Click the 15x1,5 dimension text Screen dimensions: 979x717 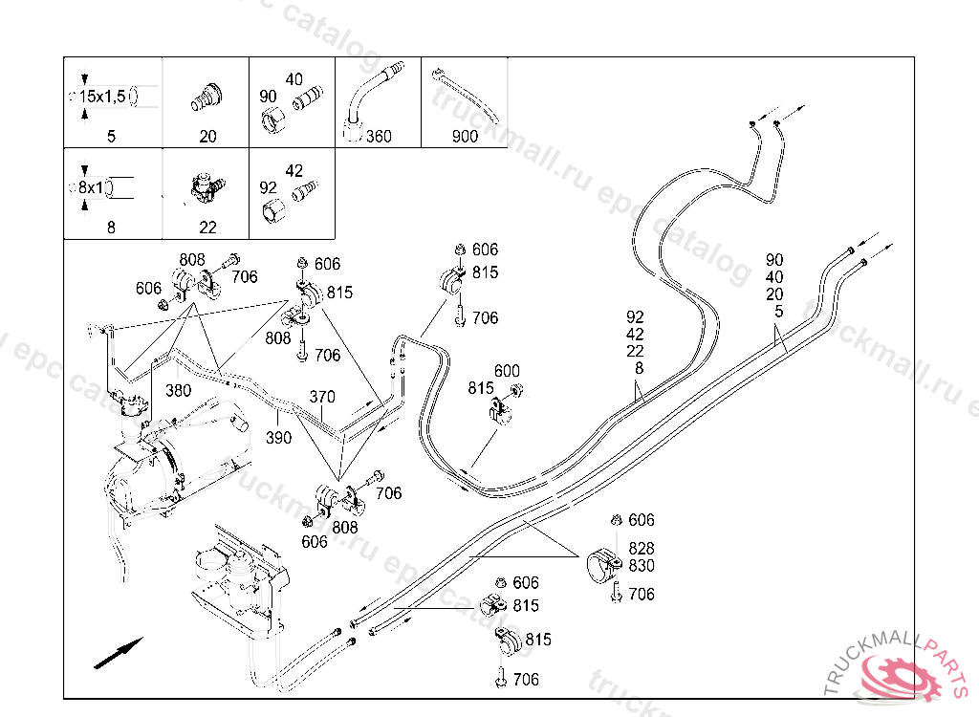click(x=102, y=97)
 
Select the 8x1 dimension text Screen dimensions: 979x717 click(x=91, y=187)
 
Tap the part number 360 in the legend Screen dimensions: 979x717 click(x=379, y=136)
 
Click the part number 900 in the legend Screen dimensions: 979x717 click(x=465, y=136)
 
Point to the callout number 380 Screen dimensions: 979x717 click(x=178, y=391)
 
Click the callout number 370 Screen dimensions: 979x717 click(x=322, y=397)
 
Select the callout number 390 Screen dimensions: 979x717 click(x=278, y=438)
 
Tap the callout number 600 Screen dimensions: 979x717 click(x=507, y=371)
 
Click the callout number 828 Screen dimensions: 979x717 click(x=642, y=549)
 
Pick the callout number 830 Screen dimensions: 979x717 click(x=642, y=566)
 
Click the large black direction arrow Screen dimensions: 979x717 click(x=118, y=653)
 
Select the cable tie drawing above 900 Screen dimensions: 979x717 click(x=466, y=95)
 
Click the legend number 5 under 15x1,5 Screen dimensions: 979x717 click(x=111, y=136)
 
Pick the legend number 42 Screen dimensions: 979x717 click(x=294, y=170)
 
